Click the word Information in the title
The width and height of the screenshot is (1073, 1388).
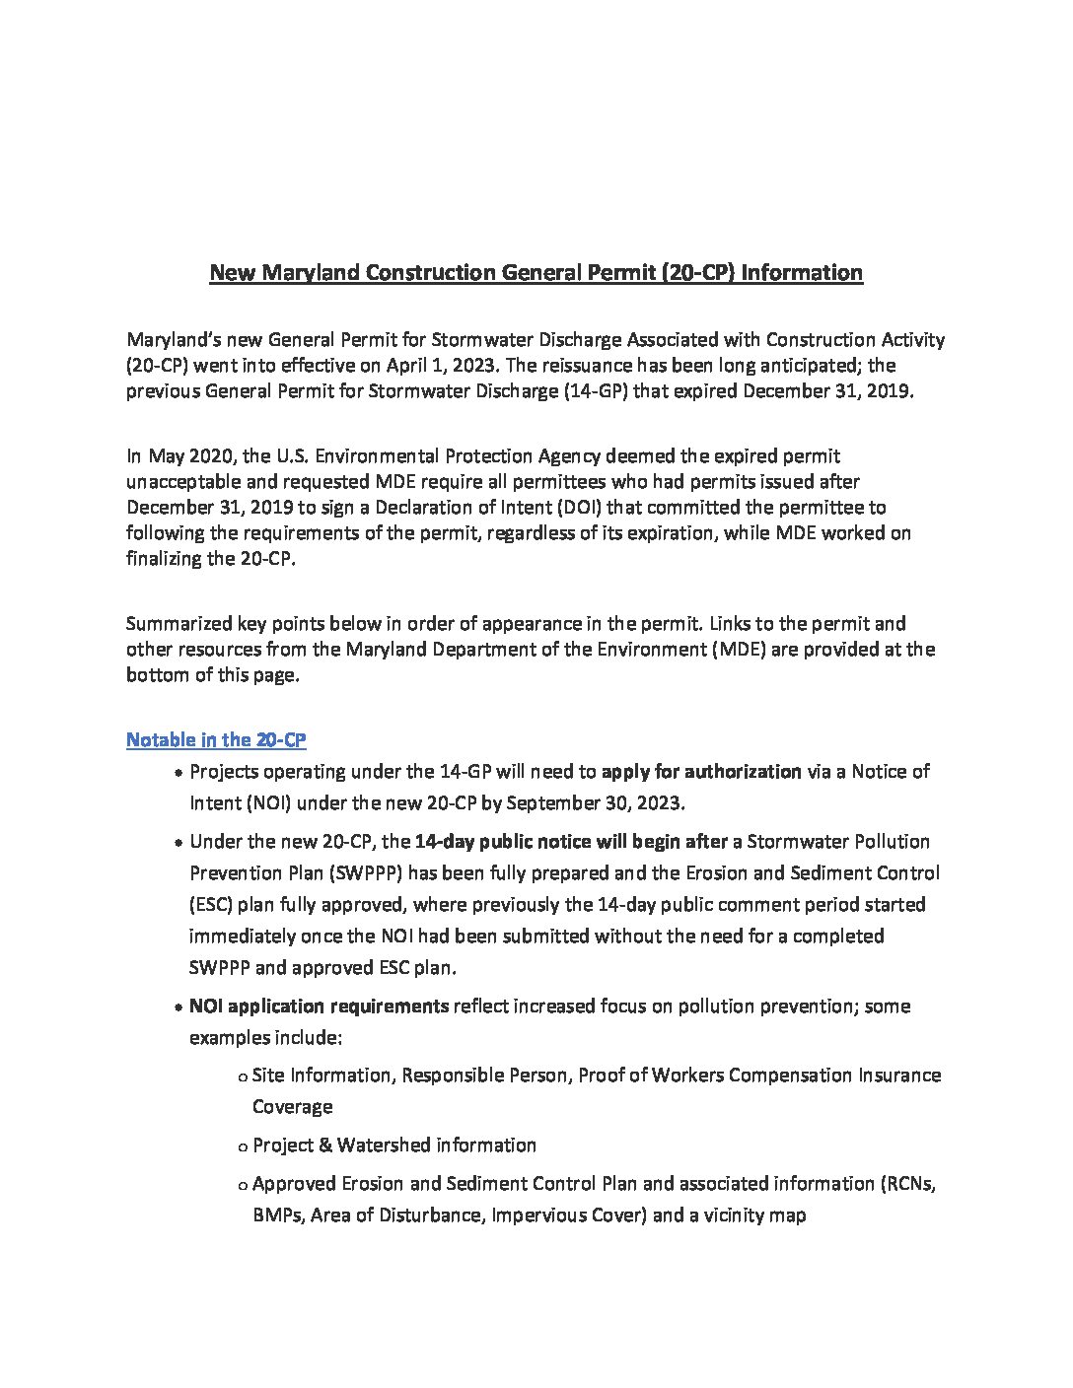[x=802, y=273]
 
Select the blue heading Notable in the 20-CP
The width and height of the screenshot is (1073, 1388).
[x=216, y=740]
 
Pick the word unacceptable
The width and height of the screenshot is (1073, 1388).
[x=185, y=482]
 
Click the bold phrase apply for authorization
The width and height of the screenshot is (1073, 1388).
[x=700, y=772]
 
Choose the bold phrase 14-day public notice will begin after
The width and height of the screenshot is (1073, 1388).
[x=571, y=842]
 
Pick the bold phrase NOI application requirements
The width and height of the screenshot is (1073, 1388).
[x=319, y=1006]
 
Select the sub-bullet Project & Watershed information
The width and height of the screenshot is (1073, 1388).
[x=394, y=1145]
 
